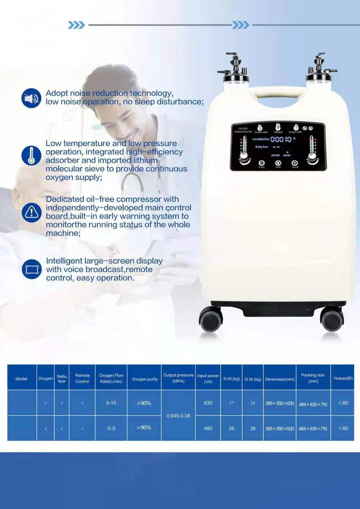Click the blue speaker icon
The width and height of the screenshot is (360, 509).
[x=31, y=98]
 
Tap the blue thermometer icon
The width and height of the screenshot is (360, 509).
[x=31, y=155]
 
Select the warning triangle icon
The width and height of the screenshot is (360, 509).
[x=32, y=212]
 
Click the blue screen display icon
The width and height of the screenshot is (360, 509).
[x=32, y=269]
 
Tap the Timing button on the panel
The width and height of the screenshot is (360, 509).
[x=261, y=163]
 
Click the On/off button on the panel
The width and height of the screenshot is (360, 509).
[x=295, y=163]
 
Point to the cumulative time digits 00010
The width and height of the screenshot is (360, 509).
[x=281, y=139]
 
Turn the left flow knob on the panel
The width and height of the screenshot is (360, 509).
[x=244, y=158]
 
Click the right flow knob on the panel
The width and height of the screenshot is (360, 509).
[x=313, y=157]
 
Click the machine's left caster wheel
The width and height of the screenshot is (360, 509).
[x=210, y=320]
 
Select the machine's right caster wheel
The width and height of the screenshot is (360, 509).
[x=332, y=320]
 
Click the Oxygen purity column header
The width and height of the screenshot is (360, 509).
[x=144, y=379]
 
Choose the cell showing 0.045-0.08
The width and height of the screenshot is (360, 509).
[x=178, y=416]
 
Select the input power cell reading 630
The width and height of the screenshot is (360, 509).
[x=208, y=403]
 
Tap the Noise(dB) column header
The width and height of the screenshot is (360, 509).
[x=343, y=379]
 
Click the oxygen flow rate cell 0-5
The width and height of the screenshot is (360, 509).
[x=111, y=428]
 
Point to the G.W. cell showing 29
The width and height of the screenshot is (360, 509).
[x=253, y=403]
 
